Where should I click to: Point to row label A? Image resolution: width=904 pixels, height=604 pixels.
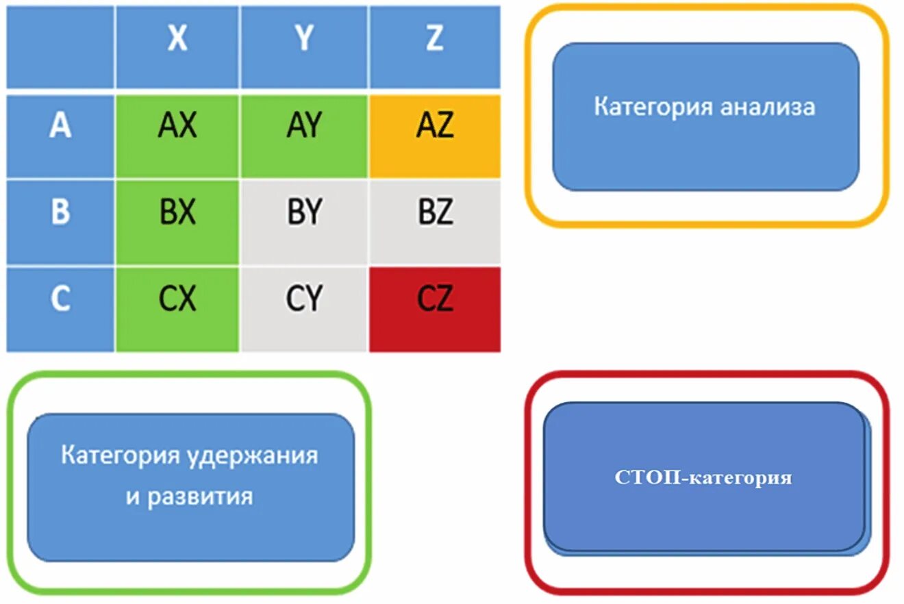pyautogui.click(x=60, y=127)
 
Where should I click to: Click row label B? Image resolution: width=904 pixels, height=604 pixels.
pyautogui.click(x=60, y=212)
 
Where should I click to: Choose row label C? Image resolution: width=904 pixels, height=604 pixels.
pyautogui.click(x=60, y=299)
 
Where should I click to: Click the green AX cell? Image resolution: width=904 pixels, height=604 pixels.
pyautogui.click(x=177, y=127)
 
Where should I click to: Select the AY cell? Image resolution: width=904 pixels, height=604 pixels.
pyautogui.click(x=304, y=127)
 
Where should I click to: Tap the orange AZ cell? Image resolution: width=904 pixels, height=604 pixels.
pyautogui.click(x=434, y=127)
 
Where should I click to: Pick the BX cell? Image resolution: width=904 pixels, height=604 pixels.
pyautogui.click(x=177, y=213)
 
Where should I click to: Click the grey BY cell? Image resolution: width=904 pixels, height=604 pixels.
pyautogui.click(x=304, y=213)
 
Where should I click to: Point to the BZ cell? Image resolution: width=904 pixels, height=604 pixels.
pyautogui.click(x=434, y=213)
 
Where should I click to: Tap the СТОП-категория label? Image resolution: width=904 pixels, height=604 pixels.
pyautogui.click(x=703, y=477)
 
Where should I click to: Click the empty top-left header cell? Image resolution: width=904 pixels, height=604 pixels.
pyautogui.click(x=60, y=47)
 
